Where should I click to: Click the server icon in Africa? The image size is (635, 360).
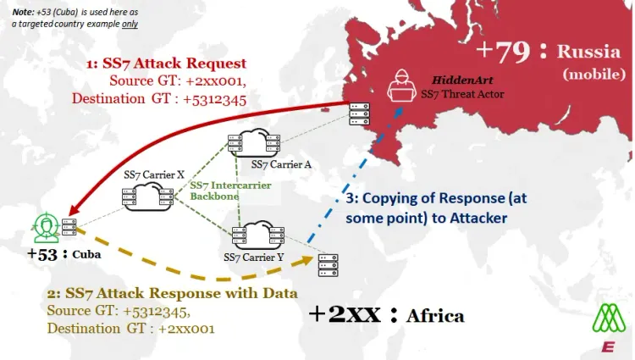pyautogui.click(x=324, y=265)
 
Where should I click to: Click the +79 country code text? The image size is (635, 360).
pyautogui.click(x=503, y=50)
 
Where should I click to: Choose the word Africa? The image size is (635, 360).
pyautogui.click(x=435, y=316)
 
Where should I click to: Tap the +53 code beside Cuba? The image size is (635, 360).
pyautogui.click(x=41, y=255)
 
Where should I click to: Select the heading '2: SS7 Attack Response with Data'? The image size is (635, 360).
pyautogui.click(x=172, y=294)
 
